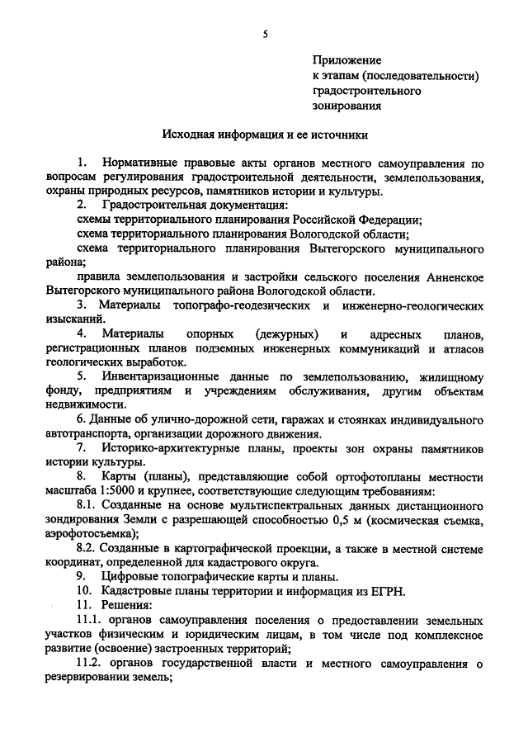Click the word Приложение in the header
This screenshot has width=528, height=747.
pyautogui.click(x=346, y=60)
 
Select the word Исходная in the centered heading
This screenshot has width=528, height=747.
pyautogui.click(x=191, y=133)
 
